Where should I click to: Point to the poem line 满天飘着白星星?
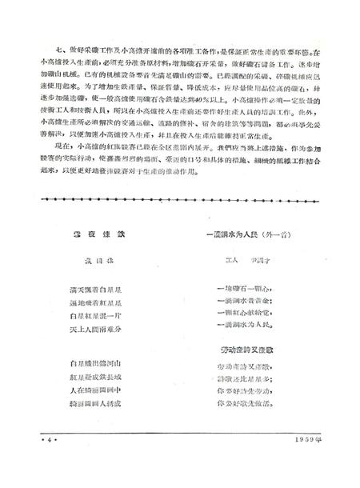point(90,285)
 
